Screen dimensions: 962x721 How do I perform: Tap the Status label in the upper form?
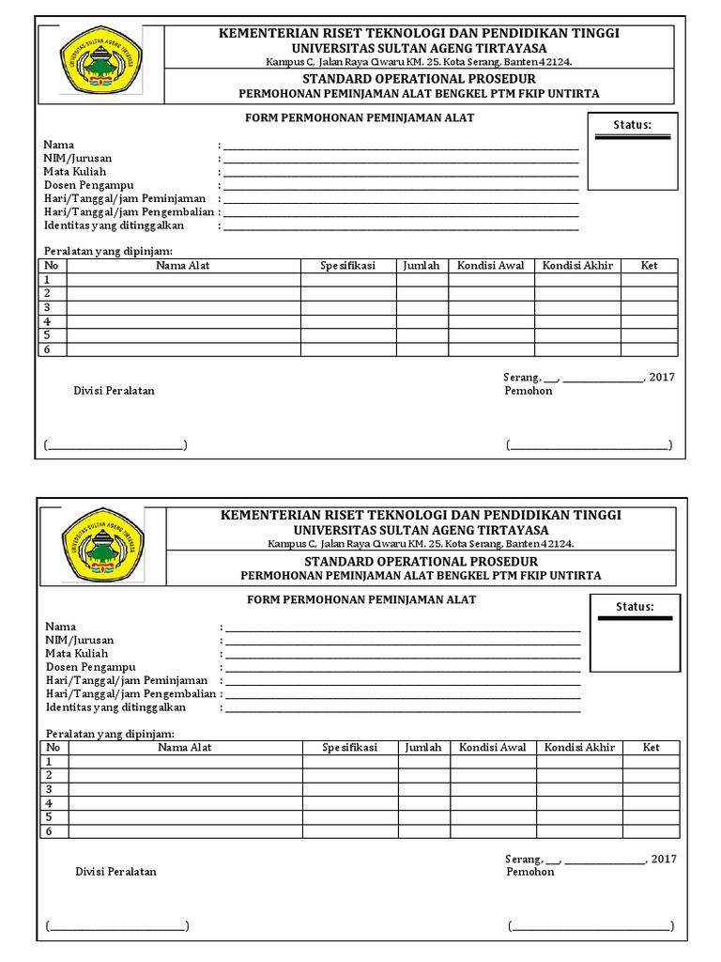pyautogui.click(x=632, y=125)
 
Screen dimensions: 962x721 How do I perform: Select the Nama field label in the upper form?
pyautogui.click(x=58, y=145)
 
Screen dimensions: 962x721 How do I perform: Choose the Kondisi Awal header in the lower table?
pyautogui.click(x=492, y=748)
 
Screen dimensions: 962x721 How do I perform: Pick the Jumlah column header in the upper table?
pyautogui.click(x=422, y=266)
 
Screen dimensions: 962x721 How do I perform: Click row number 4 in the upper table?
pyautogui.click(x=46, y=321)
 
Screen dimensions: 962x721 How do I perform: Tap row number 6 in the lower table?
pyautogui.click(x=48, y=831)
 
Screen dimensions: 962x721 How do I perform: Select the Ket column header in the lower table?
pyautogui.click(x=652, y=748)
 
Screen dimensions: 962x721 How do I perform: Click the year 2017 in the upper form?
pyautogui.click(x=662, y=378)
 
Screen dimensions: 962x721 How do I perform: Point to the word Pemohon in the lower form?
pyautogui.click(x=530, y=872)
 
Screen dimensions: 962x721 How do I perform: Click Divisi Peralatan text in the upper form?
pyautogui.click(x=114, y=391)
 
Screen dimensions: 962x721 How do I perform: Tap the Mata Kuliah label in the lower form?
pyautogui.click(x=77, y=653)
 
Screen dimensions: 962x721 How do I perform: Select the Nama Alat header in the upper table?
pyautogui.click(x=183, y=266)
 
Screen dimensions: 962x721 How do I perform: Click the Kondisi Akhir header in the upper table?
pyautogui.click(x=577, y=266)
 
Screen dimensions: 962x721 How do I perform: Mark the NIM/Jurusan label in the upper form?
pyautogui.click(x=76, y=159)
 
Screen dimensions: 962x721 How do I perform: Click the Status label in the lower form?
pyautogui.click(x=635, y=607)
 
